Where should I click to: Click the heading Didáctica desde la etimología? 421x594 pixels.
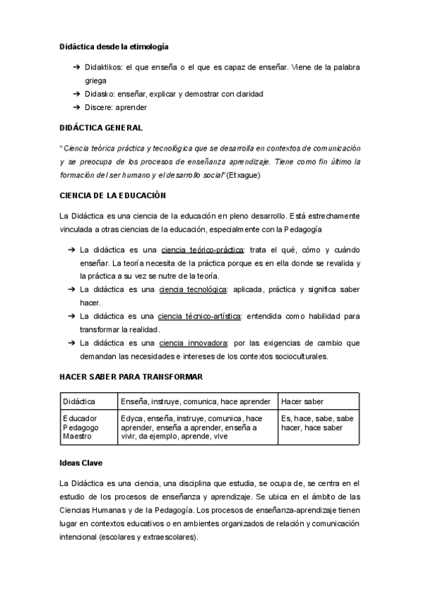(x=114, y=46)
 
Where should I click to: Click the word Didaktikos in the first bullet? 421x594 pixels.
(x=103, y=67)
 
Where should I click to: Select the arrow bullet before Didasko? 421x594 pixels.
(x=75, y=94)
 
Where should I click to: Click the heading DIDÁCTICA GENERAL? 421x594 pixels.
(x=101, y=128)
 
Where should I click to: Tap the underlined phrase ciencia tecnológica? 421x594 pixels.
(x=193, y=289)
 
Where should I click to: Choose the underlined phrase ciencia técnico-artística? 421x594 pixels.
(x=200, y=316)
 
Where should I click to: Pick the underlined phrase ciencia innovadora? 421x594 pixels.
(x=194, y=343)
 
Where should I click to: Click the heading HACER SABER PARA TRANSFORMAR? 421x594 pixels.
(x=131, y=377)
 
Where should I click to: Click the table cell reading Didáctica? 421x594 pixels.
(x=79, y=401)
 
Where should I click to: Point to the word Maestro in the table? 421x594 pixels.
(x=78, y=436)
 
